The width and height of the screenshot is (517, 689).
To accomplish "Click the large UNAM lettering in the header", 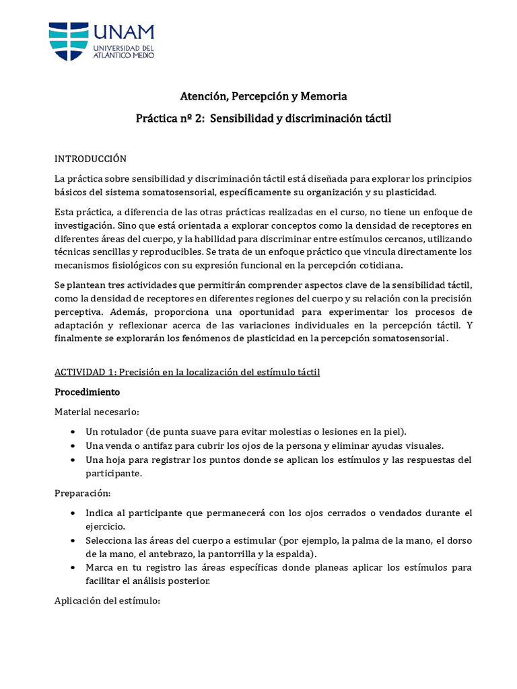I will [x=124, y=33].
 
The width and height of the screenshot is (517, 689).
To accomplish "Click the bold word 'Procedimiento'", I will [x=87, y=392].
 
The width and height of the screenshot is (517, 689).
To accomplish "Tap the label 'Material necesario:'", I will [x=97, y=411].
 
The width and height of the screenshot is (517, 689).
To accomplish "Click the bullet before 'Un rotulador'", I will [x=73, y=431].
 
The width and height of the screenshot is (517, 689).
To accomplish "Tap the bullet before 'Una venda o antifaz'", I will [x=73, y=445].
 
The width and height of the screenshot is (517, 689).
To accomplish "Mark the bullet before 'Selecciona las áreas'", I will [x=73, y=541].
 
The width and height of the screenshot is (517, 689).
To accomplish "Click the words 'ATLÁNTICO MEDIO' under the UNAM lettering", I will [x=124, y=56].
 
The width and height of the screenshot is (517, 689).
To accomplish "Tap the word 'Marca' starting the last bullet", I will [x=98, y=567].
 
